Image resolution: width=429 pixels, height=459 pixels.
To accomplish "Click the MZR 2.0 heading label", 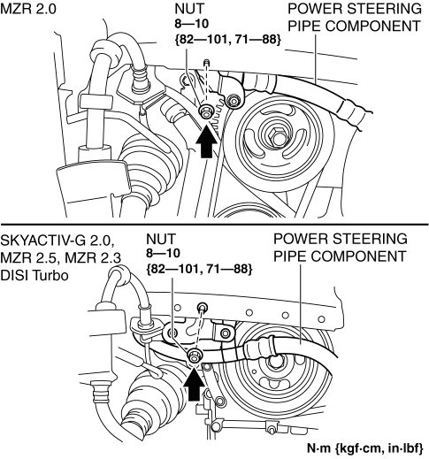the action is tap(28, 9).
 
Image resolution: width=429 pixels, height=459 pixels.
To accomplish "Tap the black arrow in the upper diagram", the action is tap(206, 141).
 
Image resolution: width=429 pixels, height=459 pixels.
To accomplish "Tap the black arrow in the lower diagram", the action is tap(194, 384).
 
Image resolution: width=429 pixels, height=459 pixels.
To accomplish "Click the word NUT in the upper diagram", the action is tap(189, 9).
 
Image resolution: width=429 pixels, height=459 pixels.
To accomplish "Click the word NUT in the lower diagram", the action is tap(161, 239).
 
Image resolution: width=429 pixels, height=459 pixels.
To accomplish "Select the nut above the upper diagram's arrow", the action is tap(204, 111).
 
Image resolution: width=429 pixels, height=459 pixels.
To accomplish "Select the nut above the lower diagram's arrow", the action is tap(195, 355).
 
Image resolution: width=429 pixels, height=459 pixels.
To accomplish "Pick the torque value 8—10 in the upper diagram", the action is tap(192, 24).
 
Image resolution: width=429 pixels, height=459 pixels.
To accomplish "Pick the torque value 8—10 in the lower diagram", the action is tap(163, 253).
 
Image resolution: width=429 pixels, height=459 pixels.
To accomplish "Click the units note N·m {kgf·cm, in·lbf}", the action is tap(365, 448).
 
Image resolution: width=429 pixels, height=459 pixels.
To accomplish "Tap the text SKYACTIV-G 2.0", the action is tap(57, 241).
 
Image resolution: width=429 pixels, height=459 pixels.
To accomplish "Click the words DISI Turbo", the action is tap(34, 276).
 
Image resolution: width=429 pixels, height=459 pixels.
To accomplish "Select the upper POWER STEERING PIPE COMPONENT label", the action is tap(355, 18).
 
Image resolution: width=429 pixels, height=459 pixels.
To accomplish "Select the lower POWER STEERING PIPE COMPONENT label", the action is tap(341, 248).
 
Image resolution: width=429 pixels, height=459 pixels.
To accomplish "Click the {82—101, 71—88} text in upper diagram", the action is tap(227, 40).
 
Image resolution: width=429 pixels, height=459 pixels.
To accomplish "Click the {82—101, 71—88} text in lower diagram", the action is tap(199, 269).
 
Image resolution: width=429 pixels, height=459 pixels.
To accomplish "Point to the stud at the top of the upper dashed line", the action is tap(207, 63).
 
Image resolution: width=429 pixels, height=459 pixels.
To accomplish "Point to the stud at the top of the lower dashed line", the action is tap(203, 307).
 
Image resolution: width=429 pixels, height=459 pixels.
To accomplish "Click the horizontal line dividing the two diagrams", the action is tap(214, 225).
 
